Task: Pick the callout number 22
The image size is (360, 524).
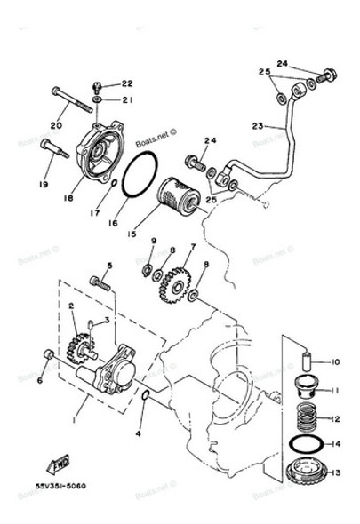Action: pyautogui.click(x=126, y=83)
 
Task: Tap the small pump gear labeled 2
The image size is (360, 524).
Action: pyautogui.click(x=78, y=342)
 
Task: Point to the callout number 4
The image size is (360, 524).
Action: pyautogui.click(x=139, y=434)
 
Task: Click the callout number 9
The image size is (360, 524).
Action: pyautogui.click(x=152, y=241)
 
